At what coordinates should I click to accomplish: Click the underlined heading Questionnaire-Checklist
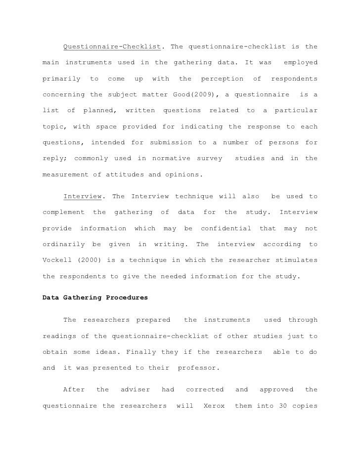[112, 47]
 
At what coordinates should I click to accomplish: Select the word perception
[222, 79]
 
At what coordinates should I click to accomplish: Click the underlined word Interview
[83, 197]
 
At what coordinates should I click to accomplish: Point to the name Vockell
[57, 260]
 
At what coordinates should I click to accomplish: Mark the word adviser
[135, 390]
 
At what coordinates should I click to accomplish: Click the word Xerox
[214, 406]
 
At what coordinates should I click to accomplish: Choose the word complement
[63, 212]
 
